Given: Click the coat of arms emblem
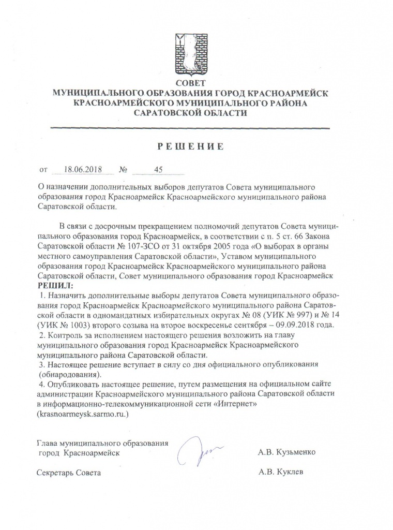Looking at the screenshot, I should point(190,54).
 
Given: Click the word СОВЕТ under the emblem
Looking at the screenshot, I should point(190,83).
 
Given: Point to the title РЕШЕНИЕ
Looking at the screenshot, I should point(190,146).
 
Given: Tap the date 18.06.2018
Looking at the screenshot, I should point(82,169).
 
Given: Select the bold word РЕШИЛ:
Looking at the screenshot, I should point(55,286).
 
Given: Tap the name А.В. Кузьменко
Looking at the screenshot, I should point(286,452).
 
